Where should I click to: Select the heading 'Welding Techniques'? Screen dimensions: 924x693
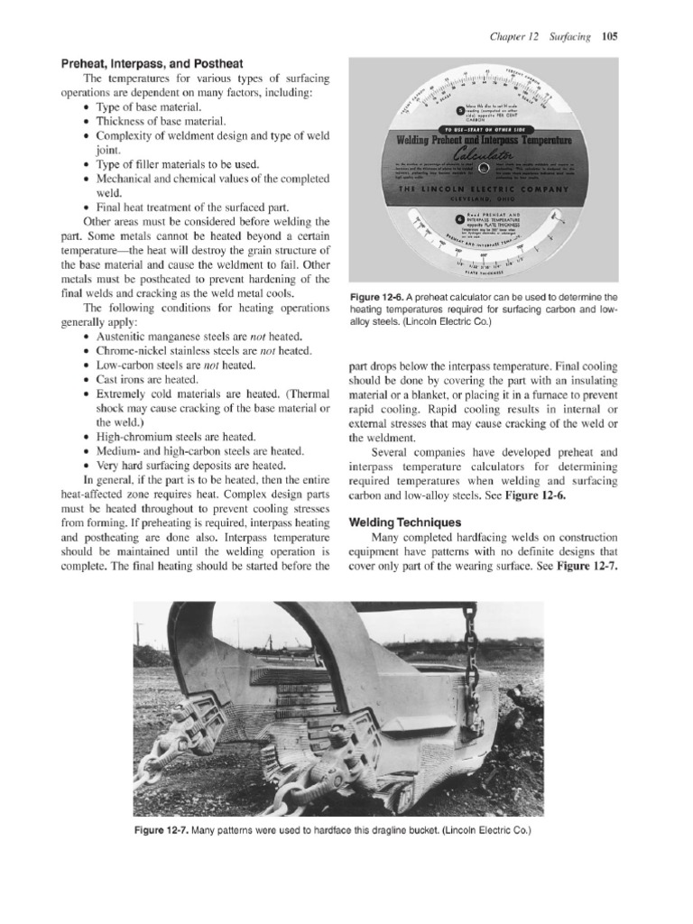click(404, 522)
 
